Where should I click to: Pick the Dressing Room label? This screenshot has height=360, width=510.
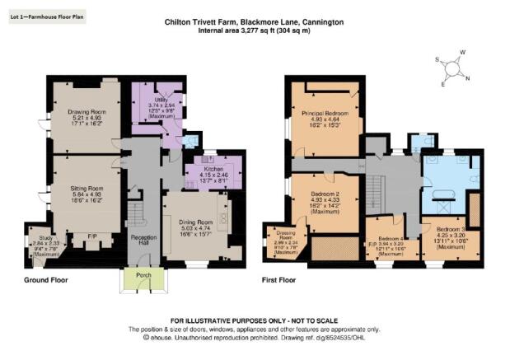point(285,234)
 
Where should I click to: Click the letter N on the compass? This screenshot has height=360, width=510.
point(469,79)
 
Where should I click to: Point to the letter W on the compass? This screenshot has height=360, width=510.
point(463,53)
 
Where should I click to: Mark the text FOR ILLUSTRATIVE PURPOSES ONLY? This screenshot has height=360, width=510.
point(255,320)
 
